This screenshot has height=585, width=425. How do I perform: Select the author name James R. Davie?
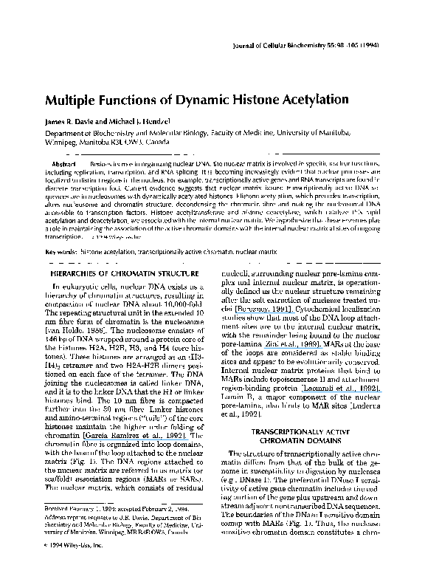(72, 120)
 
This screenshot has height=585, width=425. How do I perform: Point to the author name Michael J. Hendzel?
(142, 120)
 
